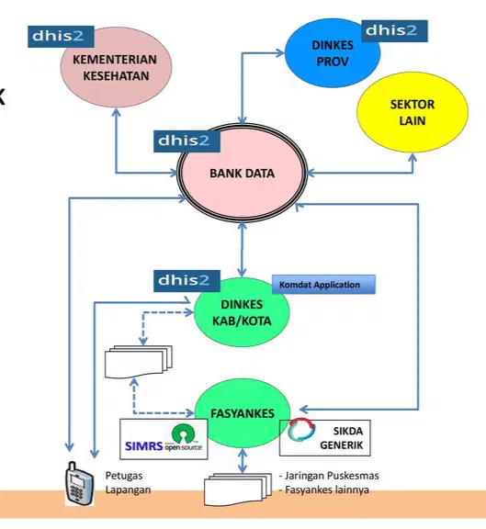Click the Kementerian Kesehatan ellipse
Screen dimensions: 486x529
(116, 67)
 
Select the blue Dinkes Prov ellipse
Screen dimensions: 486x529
(333, 53)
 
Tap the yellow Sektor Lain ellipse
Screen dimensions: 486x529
(413, 112)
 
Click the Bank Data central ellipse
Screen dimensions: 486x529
(242, 173)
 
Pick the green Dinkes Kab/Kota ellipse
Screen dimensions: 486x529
(242, 312)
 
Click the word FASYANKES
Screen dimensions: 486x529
(243, 413)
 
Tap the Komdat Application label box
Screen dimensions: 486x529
(323, 285)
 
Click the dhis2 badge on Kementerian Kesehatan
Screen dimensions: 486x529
(61, 37)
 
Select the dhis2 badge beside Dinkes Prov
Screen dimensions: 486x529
(394, 31)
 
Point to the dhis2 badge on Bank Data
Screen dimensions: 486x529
(186, 141)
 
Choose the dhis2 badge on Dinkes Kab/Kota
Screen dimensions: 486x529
(186, 281)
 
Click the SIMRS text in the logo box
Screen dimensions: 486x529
(143, 446)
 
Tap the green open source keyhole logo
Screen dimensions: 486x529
(183, 433)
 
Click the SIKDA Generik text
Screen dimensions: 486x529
(341, 438)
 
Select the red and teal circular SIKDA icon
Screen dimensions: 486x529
(301, 430)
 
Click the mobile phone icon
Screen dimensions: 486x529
(79, 483)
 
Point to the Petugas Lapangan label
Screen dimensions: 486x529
(128, 482)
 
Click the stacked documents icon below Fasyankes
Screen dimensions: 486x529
(238, 490)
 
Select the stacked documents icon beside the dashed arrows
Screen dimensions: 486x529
(139, 362)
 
